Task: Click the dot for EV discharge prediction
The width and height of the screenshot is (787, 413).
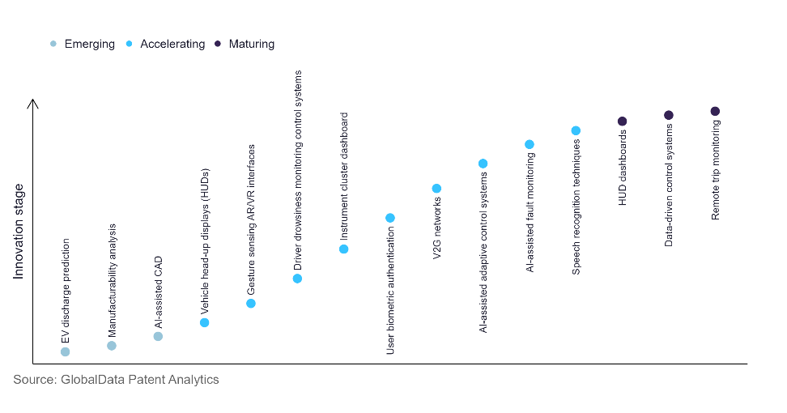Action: pos(65,351)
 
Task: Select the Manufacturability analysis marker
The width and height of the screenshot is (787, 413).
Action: pos(112,346)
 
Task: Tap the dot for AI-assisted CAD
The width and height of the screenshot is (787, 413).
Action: pos(158,336)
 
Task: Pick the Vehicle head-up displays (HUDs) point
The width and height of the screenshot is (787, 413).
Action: pos(205,322)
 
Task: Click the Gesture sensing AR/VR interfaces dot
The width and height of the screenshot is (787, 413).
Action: pos(251,304)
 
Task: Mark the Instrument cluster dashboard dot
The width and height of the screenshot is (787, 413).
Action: pos(344,249)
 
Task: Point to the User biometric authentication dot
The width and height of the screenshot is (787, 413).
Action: pos(390,218)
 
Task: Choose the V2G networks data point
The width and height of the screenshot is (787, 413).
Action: pos(436,189)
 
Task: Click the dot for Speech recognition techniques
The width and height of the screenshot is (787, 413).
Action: pos(576,130)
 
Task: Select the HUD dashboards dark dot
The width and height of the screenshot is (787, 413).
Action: pos(623,121)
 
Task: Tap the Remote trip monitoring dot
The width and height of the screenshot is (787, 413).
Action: pos(715,111)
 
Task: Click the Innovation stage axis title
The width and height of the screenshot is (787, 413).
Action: pos(19,232)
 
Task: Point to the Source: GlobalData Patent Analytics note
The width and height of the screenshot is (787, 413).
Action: pos(116,379)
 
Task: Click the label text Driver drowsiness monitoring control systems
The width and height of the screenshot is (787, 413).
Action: pos(298,170)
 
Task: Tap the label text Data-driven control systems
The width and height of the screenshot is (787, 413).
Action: pos(669,184)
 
